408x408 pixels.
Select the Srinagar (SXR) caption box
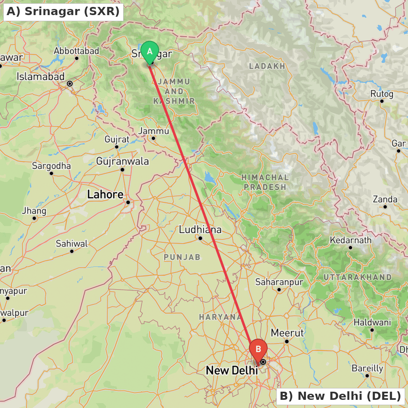[x=63, y=12]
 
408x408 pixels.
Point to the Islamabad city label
[x=40, y=77]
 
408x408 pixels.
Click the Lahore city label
[x=105, y=195]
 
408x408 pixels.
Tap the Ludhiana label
[x=200, y=230]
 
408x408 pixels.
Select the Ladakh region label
[x=267, y=66]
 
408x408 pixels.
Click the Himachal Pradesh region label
[x=264, y=182]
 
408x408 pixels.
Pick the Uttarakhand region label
[x=357, y=277]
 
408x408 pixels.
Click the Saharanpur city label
[x=279, y=282]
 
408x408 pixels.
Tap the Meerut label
[x=287, y=333]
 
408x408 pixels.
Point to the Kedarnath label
[x=351, y=240]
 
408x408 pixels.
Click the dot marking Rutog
[x=382, y=101]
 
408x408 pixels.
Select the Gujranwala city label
[x=122, y=162]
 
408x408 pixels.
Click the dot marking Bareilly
[x=367, y=375]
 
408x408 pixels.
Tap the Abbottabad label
[x=76, y=51]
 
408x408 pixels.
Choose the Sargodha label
[x=51, y=166]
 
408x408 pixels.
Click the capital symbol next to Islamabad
[x=70, y=84]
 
